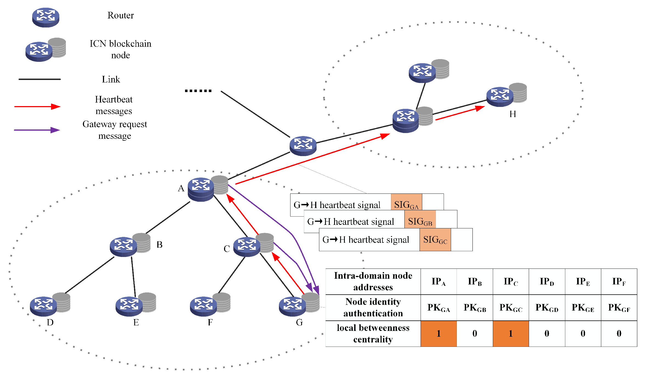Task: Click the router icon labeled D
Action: point(50,304)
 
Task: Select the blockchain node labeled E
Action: point(136,304)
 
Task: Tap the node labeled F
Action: point(210,304)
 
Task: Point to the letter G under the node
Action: point(299,322)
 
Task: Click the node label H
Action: point(513,114)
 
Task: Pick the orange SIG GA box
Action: point(406,205)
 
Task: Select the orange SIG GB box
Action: point(420,222)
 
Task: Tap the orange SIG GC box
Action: point(435,240)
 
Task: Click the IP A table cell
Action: point(438,282)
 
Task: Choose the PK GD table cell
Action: point(547,308)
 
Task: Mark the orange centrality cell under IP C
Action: point(511,334)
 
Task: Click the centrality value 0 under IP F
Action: point(619,334)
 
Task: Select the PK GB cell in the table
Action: point(475,308)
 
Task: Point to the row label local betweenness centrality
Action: point(373,334)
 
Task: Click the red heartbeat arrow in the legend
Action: point(37,107)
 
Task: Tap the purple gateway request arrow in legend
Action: point(37,130)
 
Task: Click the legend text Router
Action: point(121,15)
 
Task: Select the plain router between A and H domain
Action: point(303,146)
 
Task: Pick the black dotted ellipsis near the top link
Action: point(198,91)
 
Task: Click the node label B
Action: point(160,245)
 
